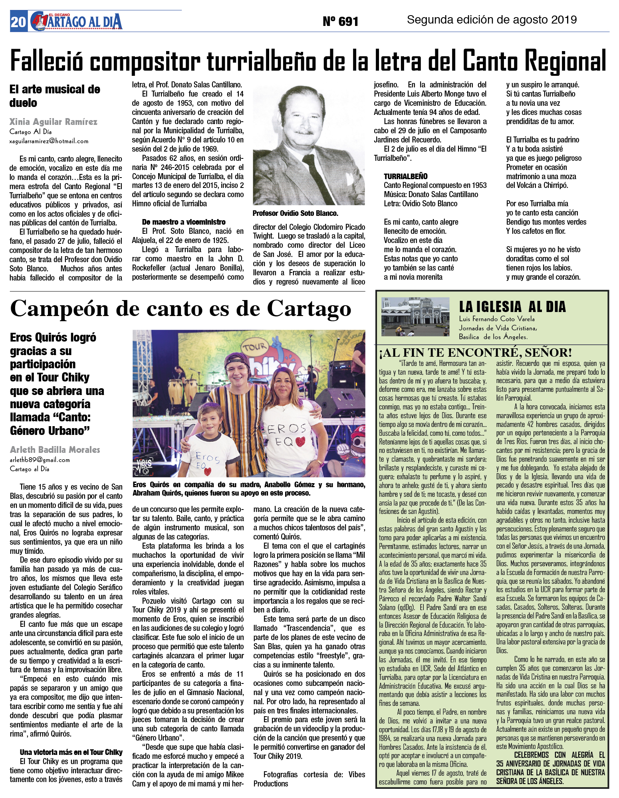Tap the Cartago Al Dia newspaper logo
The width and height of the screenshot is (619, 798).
[x=76, y=22]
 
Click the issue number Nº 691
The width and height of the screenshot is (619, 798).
[x=340, y=21]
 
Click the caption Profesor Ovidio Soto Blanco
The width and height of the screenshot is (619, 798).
[x=295, y=213]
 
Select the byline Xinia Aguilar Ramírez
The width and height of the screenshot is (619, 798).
[x=53, y=122]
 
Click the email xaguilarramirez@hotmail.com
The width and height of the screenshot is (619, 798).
[x=49, y=141]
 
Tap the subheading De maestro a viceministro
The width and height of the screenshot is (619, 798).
[x=184, y=222]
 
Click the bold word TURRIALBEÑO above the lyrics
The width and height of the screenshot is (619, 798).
[x=405, y=176]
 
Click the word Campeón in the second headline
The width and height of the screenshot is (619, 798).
[x=59, y=308]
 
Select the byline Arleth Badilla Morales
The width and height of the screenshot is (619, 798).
[x=55, y=450]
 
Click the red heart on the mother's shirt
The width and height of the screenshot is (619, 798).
[x=301, y=441]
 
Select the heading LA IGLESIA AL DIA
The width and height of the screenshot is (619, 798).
[x=512, y=306]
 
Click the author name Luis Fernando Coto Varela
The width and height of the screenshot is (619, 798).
[x=496, y=319]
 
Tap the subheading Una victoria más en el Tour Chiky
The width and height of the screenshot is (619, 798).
[x=71, y=752]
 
